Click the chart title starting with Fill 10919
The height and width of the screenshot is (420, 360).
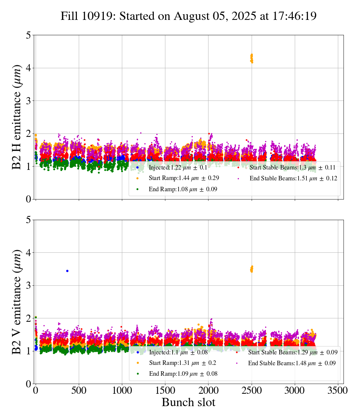click(x=189, y=16)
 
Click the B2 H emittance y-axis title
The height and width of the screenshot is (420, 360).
click(x=17, y=117)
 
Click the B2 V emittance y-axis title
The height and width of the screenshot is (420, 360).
click(x=17, y=301)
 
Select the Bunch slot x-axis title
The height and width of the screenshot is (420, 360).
click(x=189, y=402)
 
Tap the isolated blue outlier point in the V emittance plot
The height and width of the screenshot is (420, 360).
click(x=67, y=271)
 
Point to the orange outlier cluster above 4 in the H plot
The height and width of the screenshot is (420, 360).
click(x=252, y=58)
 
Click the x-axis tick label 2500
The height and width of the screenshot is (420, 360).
click(x=252, y=390)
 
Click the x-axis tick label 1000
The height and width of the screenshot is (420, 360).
click(x=122, y=390)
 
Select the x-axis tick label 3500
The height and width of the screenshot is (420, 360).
click(x=338, y=390)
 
